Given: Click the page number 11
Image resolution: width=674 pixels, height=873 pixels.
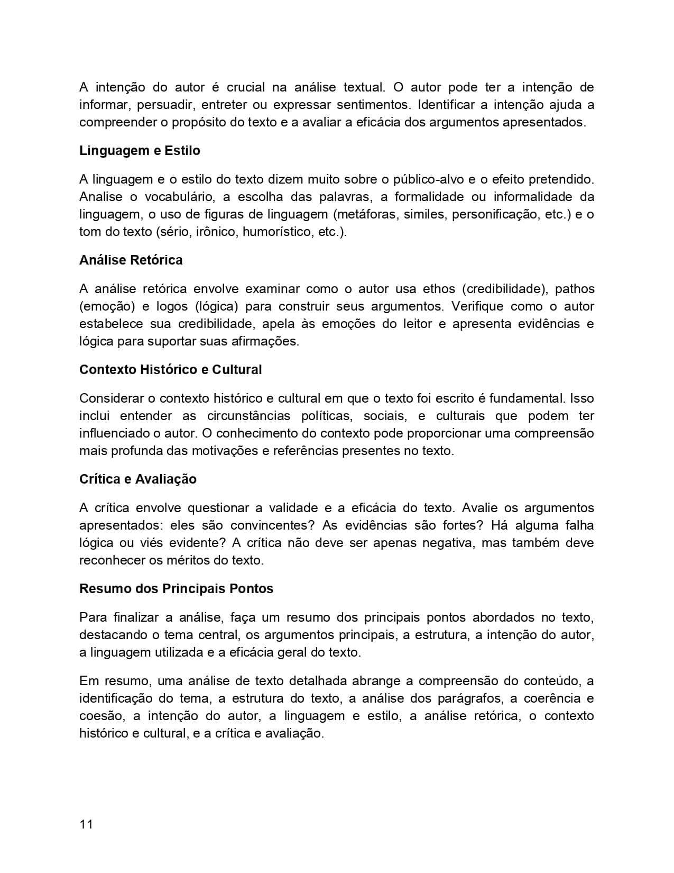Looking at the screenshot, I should coord(86,824).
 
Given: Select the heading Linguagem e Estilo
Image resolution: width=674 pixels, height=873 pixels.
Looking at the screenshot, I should coord(140,151).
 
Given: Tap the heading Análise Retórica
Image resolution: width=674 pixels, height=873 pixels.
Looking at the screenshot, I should coord(131,260).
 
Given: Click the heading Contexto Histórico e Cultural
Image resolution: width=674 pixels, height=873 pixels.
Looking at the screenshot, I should coord(170,370).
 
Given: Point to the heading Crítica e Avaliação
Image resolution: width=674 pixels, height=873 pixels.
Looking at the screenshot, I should coord(137,479).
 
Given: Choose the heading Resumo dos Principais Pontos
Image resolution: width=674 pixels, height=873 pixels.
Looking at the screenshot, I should coord(176,589).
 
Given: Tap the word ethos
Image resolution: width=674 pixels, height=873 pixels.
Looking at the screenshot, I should coord(438,289).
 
